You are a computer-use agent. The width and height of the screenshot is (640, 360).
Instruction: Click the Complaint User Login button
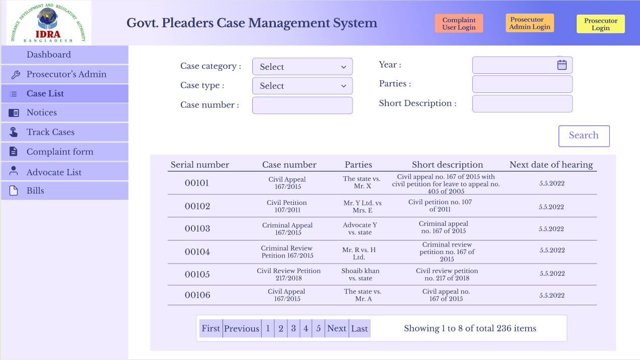[459, 24]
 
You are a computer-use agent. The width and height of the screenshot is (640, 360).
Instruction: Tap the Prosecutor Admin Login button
[529, 23]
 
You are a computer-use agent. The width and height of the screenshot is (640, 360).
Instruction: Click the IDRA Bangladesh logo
[49, 23]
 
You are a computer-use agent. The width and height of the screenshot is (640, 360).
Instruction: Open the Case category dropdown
[302, 66]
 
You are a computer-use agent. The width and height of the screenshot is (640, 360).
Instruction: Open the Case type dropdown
[302, 86]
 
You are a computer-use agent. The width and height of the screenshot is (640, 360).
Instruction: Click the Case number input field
[302, 105]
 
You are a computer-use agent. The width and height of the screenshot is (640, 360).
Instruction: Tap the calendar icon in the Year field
[562, 65]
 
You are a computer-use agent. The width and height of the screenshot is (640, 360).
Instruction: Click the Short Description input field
[522, 103]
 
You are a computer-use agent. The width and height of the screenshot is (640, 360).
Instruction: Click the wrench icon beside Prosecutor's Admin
[16, 74]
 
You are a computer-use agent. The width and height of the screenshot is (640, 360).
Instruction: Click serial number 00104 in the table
[197, 252]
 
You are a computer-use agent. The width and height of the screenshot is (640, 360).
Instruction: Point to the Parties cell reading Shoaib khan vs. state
[360, 274]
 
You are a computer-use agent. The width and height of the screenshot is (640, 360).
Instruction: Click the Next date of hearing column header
[551, 165]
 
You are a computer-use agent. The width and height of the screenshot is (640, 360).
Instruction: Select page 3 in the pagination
[293, 328]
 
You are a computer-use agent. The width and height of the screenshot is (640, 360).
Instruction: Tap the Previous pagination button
[242, 328]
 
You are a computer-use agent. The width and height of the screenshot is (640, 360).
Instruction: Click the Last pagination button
[359, 328]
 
